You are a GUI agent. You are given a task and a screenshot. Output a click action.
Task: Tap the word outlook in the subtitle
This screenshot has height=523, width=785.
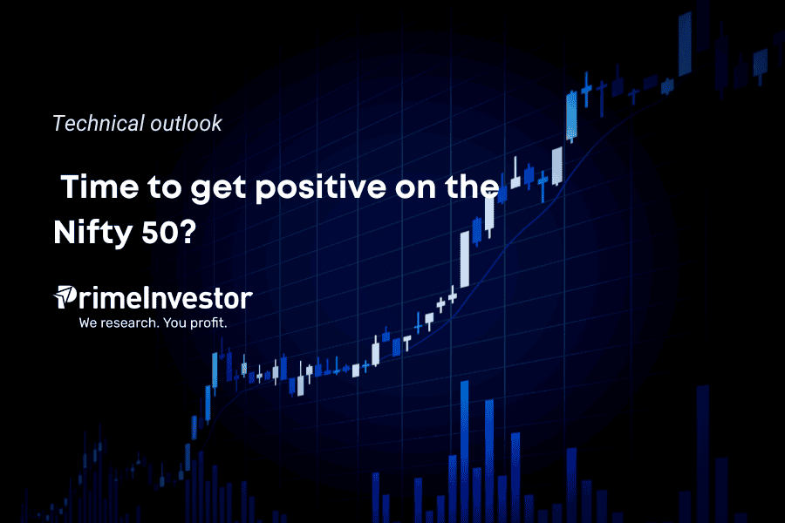pos(187,123)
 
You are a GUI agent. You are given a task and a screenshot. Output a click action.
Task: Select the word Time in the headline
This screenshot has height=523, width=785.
pos(99,187)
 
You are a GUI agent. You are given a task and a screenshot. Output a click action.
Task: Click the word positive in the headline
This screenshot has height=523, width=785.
pos(321,188)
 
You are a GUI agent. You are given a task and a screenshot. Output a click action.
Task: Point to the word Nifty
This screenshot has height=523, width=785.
pos(92,234)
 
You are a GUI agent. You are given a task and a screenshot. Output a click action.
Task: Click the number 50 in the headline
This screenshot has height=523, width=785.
pos(160,232)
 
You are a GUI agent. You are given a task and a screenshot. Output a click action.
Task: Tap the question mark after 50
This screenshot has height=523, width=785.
pos(188,232)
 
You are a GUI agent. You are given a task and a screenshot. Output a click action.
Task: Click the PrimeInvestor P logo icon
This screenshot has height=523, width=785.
pos(65,296)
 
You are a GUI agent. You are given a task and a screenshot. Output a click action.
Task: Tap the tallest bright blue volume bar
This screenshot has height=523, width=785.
pos(465,452)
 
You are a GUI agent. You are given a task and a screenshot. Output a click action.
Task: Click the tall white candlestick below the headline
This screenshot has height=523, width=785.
pos(465,259)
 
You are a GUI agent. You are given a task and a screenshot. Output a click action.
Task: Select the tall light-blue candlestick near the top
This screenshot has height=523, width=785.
pos(571,116)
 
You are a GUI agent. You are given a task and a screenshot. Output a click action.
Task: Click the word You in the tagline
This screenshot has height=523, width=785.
pos(174,323)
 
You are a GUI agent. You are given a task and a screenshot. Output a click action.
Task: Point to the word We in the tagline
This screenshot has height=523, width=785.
pos(88,323)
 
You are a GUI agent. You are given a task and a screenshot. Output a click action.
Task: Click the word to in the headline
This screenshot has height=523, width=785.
pos(165,187)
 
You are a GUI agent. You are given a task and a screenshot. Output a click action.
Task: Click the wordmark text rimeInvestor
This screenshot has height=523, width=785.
pos(165,298)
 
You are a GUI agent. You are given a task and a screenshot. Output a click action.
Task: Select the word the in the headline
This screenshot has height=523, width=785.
pos(472,187)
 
